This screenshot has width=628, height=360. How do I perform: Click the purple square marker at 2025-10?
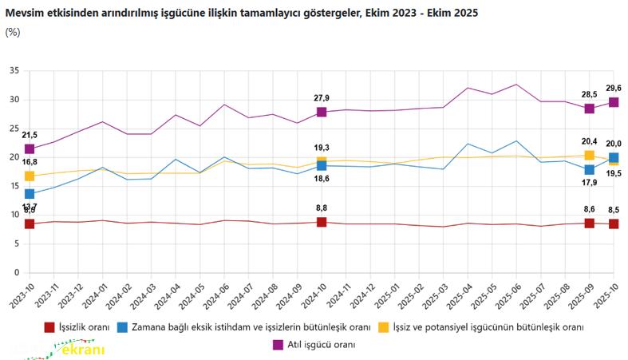point(614,102)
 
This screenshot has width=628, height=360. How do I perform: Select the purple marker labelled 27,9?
point(322,112)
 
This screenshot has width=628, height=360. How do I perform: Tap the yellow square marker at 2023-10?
point(30,176)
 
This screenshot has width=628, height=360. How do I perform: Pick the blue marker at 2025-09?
point(589,169)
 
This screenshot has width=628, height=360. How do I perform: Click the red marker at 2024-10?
point(322,222)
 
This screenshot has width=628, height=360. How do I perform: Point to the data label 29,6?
point(614,89)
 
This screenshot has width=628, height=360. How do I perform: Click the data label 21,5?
point(30,135)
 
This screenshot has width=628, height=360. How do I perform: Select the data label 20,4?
point(589,142)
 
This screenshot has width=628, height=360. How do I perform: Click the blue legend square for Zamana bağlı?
point(122,327)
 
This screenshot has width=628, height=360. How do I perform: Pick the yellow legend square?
point(384,327)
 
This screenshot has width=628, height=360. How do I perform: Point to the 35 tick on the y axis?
point(14,71)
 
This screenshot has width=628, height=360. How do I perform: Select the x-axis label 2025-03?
point(441,296)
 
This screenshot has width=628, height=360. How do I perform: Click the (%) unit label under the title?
point(13,32)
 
